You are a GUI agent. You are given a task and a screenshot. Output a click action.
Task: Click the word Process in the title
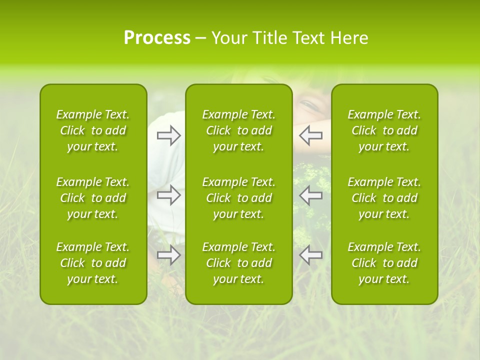[157, 38]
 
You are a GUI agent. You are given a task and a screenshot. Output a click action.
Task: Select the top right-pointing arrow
[169, 135]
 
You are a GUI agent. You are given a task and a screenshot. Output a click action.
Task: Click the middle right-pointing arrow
[169, 195]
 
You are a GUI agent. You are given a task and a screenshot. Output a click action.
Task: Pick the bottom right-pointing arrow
[169, 255]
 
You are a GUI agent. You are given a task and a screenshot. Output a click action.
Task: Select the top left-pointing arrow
[311, 135]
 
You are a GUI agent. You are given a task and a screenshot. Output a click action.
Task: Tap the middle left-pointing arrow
[311, 195]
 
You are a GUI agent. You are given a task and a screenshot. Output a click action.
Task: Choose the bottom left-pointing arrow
[311, 255]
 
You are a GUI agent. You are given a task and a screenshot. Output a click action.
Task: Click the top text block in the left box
[93, 130]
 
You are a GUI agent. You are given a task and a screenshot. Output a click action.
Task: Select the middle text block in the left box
[93, 198]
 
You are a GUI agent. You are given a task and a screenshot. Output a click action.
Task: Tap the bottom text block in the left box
[93, 263]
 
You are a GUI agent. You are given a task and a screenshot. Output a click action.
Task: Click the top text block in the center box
[239, 130]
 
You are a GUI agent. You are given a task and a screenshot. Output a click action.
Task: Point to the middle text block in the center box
[239, 198]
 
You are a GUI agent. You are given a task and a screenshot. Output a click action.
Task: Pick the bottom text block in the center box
[239, 263]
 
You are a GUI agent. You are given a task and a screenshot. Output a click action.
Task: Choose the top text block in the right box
[384, 130]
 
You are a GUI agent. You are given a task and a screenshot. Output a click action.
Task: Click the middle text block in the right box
[384, 198]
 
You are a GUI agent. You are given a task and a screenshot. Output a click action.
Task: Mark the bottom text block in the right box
[384, 263]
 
